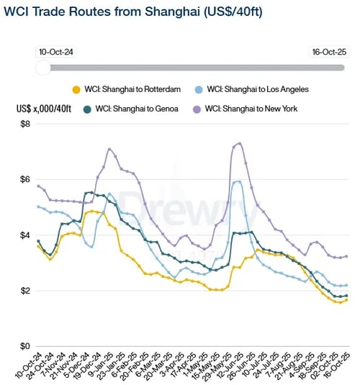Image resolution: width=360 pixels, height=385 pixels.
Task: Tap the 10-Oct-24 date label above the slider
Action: point(57,52)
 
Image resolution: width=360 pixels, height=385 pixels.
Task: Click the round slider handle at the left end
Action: point(43,67)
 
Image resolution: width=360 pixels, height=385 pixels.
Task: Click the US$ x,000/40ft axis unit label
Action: point(45,109)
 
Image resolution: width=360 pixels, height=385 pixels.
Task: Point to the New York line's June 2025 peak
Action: point(239,143)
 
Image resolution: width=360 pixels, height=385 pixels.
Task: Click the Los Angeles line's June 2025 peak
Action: point(238,181)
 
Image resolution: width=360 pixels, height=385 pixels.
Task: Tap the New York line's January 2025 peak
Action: point(109,149)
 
